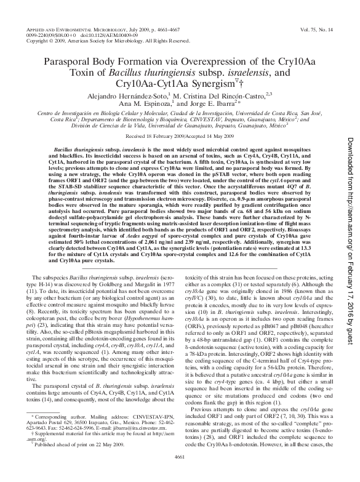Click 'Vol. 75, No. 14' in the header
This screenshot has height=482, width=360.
[x=321, y=28]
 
